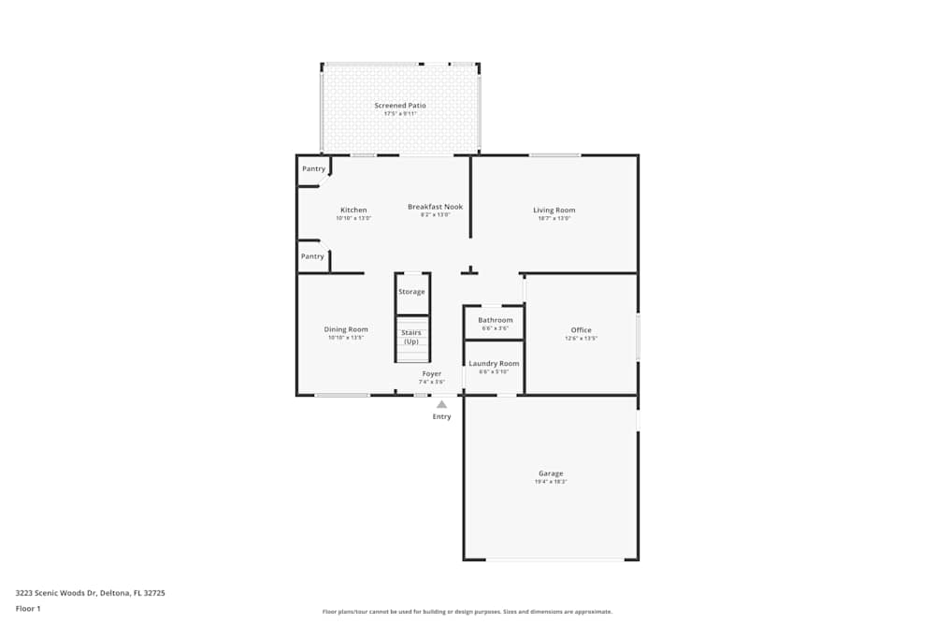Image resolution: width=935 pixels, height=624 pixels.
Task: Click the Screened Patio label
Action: [400, 106]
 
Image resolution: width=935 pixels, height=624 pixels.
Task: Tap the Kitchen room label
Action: [353, 210]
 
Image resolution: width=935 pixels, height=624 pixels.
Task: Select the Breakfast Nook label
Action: [435, 207]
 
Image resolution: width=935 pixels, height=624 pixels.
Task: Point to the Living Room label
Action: [554, 210]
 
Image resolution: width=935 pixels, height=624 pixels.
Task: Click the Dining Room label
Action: [346, 329]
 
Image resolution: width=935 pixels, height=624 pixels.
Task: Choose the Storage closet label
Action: [411, 292]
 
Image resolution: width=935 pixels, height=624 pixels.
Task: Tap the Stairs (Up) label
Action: [411, 337]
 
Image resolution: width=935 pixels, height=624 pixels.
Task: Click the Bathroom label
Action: [495, 320]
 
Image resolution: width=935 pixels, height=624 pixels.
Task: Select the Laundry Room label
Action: [494, 363]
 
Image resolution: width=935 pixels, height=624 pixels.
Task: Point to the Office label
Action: [581, 329]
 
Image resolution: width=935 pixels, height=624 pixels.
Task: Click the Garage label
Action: [551, 473]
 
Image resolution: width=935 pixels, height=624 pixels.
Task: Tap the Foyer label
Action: [431, 374]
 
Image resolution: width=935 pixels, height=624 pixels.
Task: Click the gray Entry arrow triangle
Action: [441, 404]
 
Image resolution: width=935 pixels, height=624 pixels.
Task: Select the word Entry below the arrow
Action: [441, 416]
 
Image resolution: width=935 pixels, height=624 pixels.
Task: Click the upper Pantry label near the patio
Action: [313, 168]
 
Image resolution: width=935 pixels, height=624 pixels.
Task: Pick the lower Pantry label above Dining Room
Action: [312, 255]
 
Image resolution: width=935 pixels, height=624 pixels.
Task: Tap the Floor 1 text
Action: [28, 608]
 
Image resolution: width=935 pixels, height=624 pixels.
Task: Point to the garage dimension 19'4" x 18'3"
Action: [551, 482]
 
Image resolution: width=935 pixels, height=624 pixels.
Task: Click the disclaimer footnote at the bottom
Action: [467, 612]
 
